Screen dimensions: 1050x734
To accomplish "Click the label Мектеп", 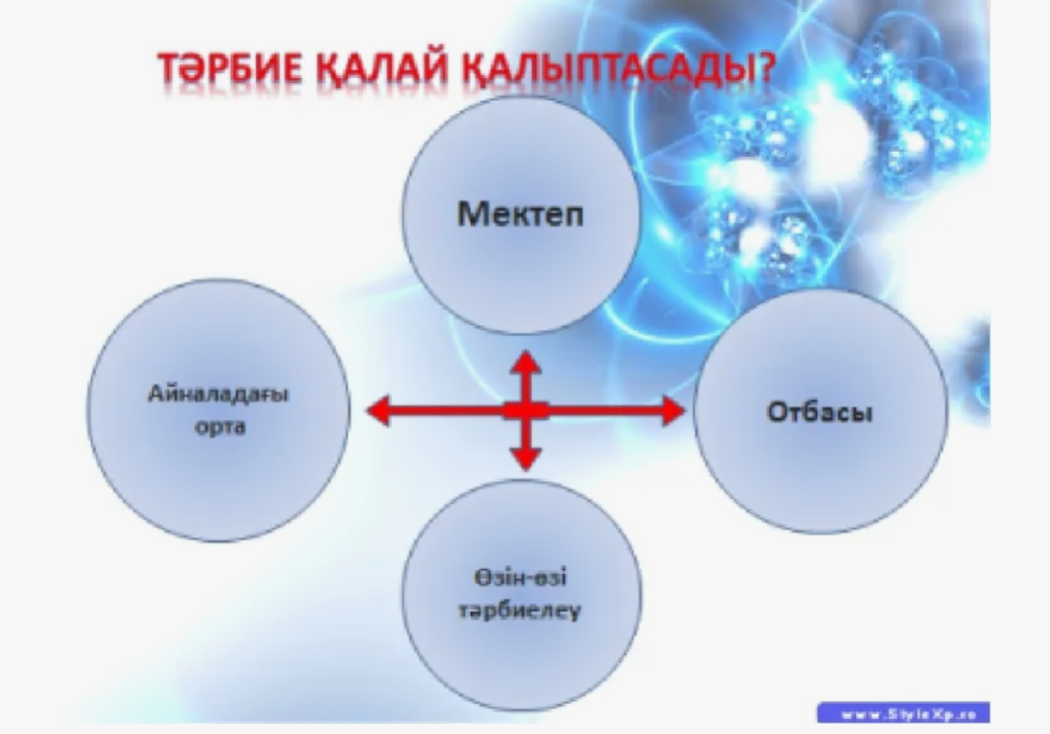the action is point(521,214).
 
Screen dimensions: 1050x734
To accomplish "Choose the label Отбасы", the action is point(819,412).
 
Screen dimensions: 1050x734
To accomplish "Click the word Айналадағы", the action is point(219,394).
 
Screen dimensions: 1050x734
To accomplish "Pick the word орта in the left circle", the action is point(220,426).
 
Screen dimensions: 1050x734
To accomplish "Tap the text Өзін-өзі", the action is point(521,577).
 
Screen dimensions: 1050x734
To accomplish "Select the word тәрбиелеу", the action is point(519,611).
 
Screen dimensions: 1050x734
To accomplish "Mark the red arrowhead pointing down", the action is point(525,457).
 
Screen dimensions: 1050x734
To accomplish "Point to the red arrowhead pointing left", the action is point(379,410).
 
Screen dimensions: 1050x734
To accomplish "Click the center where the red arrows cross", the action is point(525,410).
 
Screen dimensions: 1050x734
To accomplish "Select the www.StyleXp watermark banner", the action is point(903,713).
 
